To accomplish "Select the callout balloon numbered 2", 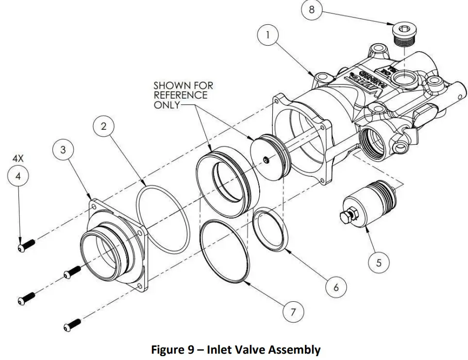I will click(x=103, y=126).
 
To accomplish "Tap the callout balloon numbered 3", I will click(x=63, y=150).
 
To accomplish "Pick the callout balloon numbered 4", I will click(x=18, y=177).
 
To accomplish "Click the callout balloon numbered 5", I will click(x=379, y=263).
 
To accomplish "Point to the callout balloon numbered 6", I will click(x=335, y=287).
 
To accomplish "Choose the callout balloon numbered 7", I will click(x=293, y=312).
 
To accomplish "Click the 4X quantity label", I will click(x=18, y=159).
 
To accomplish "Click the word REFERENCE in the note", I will click(x=180, y=95).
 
